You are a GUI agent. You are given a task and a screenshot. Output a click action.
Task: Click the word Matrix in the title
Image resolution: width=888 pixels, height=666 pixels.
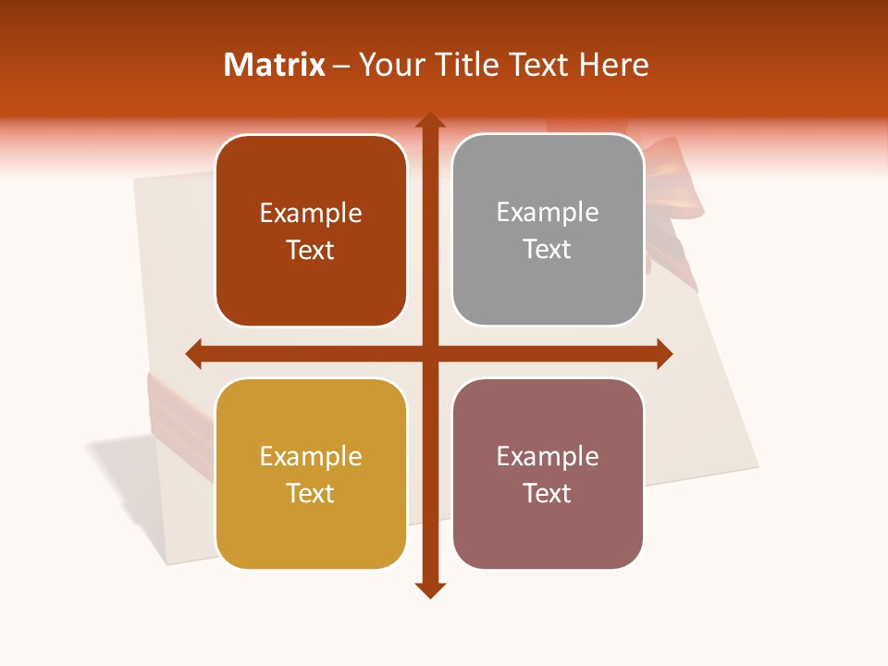[275, 65]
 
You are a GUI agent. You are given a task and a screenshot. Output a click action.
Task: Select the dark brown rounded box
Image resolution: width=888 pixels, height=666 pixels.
[311, 231]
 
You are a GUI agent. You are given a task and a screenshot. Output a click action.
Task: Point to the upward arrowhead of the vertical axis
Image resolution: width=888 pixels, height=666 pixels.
[430, 121]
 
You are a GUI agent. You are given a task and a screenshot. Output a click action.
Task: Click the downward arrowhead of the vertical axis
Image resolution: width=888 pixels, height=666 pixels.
[430, 589]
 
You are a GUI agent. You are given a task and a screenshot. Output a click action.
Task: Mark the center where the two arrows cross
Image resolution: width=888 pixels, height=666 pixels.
[430, 353]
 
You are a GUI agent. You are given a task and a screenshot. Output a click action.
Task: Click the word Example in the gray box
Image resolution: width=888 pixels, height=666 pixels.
[548, 213]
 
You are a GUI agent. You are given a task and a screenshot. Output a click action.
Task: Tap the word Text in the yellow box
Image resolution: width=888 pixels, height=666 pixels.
[310, 493]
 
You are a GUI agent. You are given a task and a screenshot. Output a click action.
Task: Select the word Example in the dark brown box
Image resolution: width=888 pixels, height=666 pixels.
[311, 214]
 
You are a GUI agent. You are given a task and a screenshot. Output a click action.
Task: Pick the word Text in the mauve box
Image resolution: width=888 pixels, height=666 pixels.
[547, 493]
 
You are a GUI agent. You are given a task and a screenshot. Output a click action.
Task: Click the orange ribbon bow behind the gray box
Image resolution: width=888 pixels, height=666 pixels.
[668, 185]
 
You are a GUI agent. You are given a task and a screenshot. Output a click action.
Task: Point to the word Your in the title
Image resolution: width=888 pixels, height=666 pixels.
[389, 65]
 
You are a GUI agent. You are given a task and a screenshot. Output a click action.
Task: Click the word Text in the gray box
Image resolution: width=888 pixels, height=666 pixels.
[547, 249]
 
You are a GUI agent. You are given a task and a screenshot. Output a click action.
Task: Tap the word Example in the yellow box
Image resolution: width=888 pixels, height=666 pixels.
[311, 457]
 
